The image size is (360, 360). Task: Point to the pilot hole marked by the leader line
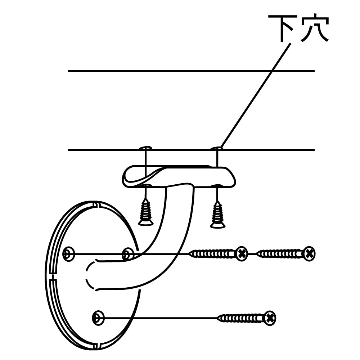point(217,148)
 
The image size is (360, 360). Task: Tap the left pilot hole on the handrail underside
point(145,148)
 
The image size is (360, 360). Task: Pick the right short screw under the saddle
point(217,215)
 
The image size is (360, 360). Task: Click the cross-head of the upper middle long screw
point(242,254)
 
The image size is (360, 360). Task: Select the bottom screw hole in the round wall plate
point(98,317)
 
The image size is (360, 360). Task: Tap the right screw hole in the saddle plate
point(217,186)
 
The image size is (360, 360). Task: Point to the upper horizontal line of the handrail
point(191,71)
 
